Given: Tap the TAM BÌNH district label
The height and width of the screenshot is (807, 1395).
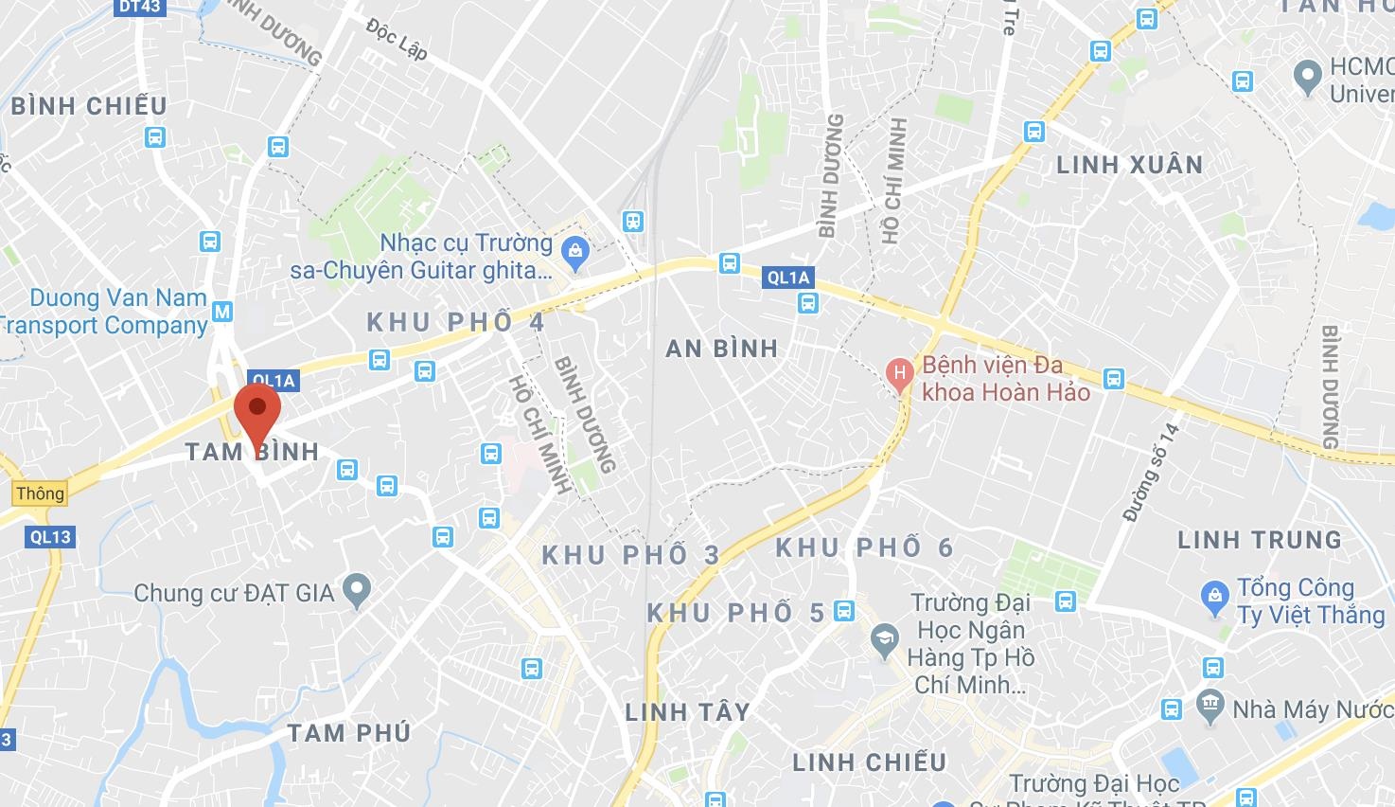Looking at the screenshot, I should coord(252,451).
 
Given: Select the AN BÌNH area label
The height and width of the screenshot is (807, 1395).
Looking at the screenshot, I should coord(721,349).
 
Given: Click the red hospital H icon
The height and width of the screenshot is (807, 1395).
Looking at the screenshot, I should coord(899,372).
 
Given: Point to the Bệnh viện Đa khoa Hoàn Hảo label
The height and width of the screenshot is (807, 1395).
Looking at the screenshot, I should coord(1005,378).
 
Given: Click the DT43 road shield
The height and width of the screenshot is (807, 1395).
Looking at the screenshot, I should coord(140,8).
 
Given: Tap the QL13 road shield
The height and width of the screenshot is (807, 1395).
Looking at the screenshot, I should coord(50,537).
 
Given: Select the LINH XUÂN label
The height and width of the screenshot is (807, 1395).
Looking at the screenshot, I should coord(1129,165).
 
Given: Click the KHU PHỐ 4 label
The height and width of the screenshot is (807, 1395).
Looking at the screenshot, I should coord(456,322).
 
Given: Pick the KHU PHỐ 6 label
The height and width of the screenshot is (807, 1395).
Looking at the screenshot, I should coord(865,547).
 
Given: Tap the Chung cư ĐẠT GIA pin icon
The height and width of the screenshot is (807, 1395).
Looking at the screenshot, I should coord(357,592).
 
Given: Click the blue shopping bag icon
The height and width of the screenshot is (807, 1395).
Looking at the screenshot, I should coord(574,252).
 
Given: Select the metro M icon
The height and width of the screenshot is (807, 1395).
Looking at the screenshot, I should coord(222,311).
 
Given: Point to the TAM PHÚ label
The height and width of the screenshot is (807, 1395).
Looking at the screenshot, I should coord(349,733).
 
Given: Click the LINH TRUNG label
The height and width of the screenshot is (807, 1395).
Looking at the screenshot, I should coord(1259,540).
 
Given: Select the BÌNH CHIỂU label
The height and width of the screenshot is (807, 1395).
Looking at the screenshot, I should coord(89,105).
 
